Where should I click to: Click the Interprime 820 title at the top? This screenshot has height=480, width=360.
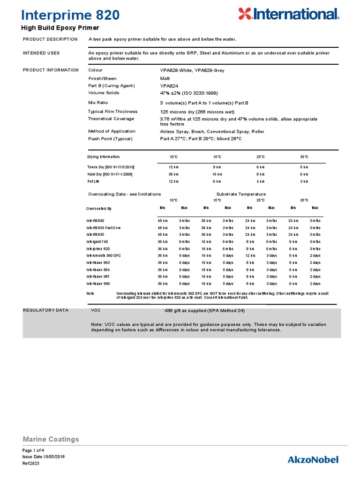click(x=71, y=15)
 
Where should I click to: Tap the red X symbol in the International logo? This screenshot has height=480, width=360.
click(x=245, y=14)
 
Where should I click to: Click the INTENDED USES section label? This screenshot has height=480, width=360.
click(x=41, y=53)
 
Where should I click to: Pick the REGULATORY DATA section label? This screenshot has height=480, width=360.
click(x=45, y=310)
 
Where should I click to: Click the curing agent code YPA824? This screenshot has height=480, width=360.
click(x=171, y=86)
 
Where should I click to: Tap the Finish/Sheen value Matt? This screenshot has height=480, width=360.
click(x=165, y=79)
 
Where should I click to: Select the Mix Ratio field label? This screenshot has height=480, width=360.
click(x=98, y=102)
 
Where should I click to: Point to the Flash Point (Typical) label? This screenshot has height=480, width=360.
click(x=110, y=139)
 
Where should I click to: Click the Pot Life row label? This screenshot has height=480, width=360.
click(x=94, y=181)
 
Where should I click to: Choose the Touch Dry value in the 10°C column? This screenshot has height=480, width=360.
click(x=173, y=167)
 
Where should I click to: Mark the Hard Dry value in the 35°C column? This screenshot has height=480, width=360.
click(x=304, y=174)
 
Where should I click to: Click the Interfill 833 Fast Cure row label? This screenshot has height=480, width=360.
click(x=103, y=227)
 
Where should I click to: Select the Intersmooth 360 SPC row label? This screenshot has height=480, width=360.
click(x=104, y=255)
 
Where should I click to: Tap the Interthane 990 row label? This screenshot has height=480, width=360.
click(x=97, y=284)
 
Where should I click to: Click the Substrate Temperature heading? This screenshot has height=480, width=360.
click(x=241, y=194)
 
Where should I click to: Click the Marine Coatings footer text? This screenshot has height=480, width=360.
click(x=51, y=439)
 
